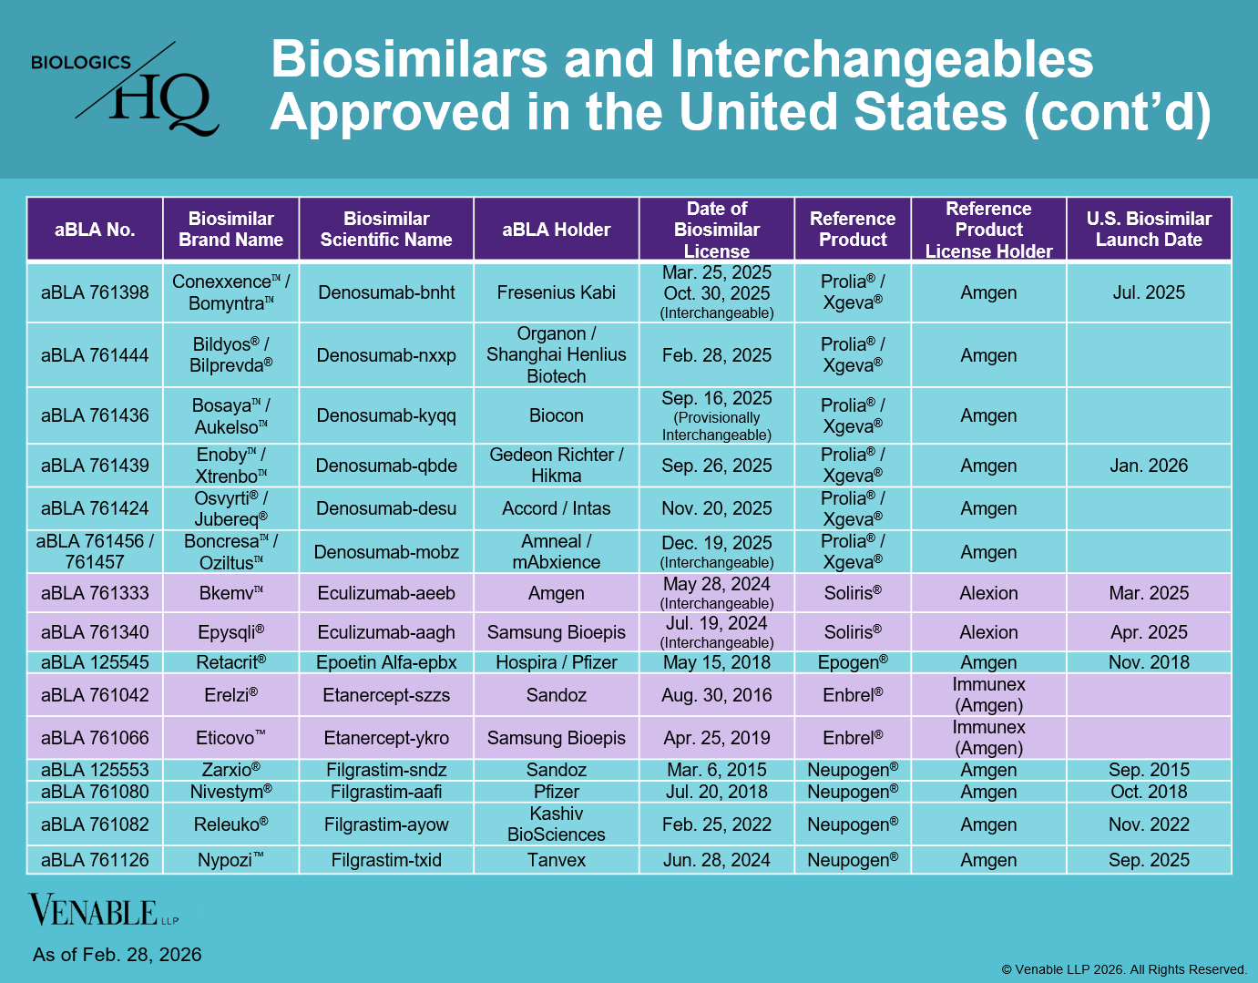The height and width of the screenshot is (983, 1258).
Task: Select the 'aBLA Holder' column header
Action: tap(556, 230)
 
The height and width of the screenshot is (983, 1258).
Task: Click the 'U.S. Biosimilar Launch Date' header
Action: tap(1148, 230)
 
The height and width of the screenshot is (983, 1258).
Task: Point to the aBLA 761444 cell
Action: tap(95, 355)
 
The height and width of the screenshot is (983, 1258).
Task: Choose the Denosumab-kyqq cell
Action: tap(386, 415)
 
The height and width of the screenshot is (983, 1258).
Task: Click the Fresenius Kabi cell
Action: tap(556, 292)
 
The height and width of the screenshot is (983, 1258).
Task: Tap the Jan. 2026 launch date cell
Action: tap(1148, 466)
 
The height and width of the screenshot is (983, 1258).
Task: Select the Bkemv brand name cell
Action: tap(230, 593)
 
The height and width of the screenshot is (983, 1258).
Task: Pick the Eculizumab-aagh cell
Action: tap(386, 632)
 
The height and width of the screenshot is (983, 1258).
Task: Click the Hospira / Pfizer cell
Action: tap(556, 662)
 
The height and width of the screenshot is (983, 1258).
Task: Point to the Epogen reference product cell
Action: tap(853, 662)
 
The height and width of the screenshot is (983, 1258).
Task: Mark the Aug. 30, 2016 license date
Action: tap(716, 695)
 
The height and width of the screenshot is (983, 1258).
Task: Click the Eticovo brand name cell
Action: tap(230, 738)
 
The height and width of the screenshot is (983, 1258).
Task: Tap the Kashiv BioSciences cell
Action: tap(556, 824)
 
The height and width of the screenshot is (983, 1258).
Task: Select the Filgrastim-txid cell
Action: tap(386, 860)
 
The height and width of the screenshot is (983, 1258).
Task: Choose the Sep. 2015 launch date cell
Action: tap(1148, 770)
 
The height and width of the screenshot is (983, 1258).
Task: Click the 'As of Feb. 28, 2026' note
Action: tap(118, 955)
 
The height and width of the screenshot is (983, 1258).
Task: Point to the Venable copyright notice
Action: tap(1124, 969)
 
